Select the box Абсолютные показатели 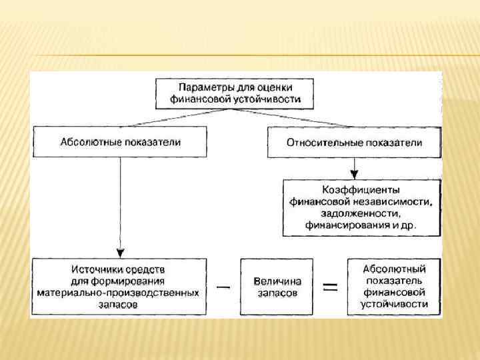[121, 142]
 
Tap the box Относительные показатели [353, 143]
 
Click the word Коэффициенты [361, 189]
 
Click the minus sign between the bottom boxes [224, 287]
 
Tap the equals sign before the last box [330, 287]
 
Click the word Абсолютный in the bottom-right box [394, 269]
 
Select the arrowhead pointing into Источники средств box [120, 253]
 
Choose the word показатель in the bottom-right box [394, 281]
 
